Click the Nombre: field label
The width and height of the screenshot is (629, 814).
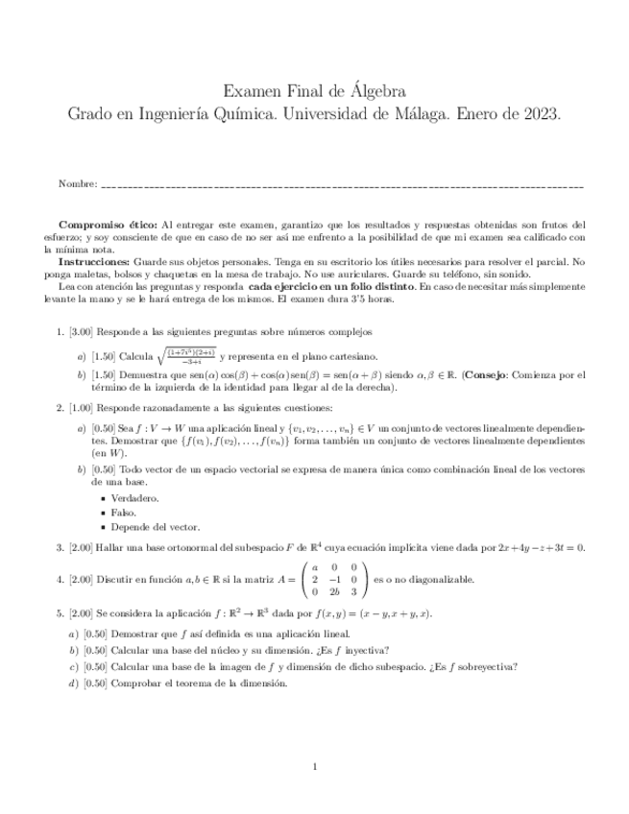click(78, 182)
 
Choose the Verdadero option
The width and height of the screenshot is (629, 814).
click(135, 499)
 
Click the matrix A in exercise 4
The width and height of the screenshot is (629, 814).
click(334, 579)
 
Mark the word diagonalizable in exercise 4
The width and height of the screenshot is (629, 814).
click(443, 580)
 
